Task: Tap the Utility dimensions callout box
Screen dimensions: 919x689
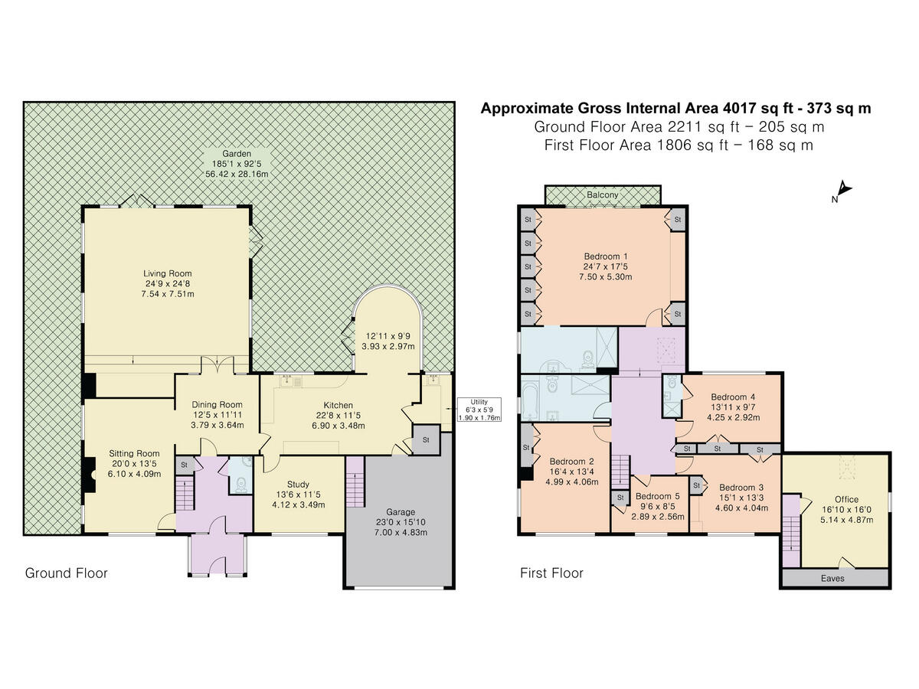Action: (x=479, y=410)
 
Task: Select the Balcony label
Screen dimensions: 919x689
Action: (x=602, y=195)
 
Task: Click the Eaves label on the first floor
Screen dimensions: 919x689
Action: (x=832, y=579)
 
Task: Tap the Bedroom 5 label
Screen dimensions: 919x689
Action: (x=657, y=496)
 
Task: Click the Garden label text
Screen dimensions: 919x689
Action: (x=237, y=154)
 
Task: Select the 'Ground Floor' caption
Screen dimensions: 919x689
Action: (x=66, y=573)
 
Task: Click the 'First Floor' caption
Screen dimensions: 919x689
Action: (x=551, y=573)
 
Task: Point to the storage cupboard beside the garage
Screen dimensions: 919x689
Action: (x=426, y=439)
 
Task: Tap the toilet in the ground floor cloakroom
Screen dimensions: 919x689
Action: (x=241, y=485)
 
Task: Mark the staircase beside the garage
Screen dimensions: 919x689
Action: (x=355, y=482)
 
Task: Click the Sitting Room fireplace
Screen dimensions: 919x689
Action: (x=89, y=475)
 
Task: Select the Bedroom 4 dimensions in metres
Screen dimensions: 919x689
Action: (x=733, y=417)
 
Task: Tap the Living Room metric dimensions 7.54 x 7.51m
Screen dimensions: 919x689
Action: (x=168, y=294)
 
